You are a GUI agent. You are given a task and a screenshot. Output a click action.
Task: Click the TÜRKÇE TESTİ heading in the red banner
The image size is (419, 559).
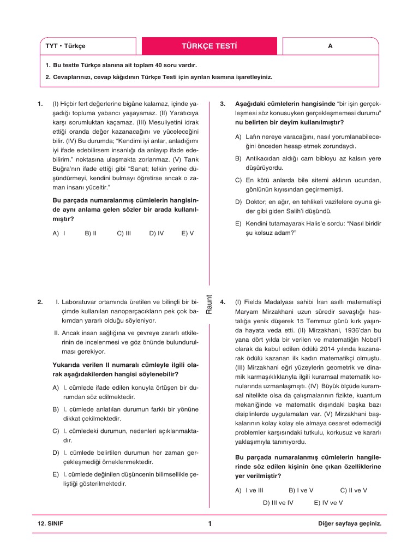(209, 46)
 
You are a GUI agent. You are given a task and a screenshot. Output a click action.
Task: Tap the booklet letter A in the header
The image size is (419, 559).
(330, 46)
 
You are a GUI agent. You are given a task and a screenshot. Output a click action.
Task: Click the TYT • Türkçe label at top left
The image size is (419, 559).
(65, 46)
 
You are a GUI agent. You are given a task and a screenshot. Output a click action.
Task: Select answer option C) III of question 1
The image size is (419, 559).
(124, 233)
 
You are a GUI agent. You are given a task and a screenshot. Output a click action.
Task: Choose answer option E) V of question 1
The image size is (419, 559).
(187, 233)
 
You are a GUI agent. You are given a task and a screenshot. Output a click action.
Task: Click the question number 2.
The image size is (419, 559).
(40, 301)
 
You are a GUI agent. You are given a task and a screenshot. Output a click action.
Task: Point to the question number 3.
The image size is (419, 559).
(223, 103)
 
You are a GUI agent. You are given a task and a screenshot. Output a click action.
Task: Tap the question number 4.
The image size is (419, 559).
(223, 301)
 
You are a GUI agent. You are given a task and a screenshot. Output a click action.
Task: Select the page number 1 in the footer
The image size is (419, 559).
(209, 524)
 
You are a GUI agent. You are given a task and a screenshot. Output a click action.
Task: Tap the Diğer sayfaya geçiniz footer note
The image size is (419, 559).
(349, 524)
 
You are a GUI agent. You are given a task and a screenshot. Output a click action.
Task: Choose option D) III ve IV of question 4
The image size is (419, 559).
(278, 502)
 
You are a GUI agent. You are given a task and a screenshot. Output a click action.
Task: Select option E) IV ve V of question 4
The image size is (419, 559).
(328, 502)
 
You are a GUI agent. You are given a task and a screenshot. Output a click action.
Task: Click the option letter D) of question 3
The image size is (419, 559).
(238, 201)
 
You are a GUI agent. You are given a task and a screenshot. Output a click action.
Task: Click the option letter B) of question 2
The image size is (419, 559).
(56, 409)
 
